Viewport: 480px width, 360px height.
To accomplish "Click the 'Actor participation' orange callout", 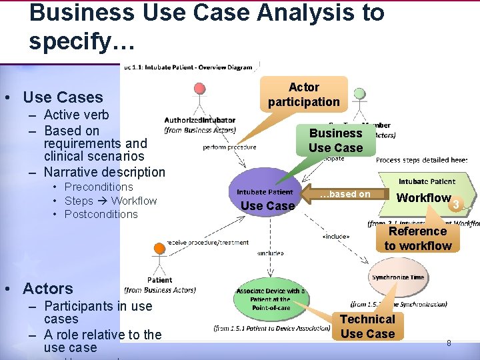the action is pyautogui.click(x=303, y=95).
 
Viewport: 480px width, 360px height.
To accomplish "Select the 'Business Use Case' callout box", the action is pyautogui.click(x=335, y=140).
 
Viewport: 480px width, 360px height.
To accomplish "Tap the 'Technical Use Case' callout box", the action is pyautogui.click(x=367, y=326).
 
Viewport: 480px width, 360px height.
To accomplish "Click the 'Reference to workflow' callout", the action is pyautogui.click(x=418, y=238).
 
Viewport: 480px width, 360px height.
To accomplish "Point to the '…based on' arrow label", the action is pyautogui.click(x=345, y=194).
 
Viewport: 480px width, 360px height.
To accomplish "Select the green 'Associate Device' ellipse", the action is pyautogui.click(x=269, y=296).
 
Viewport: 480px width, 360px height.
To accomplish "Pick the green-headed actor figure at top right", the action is pyautogui.click(x=359, y=99).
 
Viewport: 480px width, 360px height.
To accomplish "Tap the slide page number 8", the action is pyautogui.click(x=449, y=343).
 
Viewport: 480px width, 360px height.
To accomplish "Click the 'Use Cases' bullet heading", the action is pyautogui.click(x=63, y=97).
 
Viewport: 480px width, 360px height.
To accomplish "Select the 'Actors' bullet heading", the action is pyautogui.click(x=47, y=289).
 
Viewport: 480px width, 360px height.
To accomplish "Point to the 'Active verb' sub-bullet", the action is pyautogui.click(x=76, y=115).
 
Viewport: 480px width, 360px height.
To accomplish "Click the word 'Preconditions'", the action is pyautogui.click(x=99, y=187).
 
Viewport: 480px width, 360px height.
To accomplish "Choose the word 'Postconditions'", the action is pyautogui.click(x=101, y=214).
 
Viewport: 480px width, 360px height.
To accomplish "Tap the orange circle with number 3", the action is pyautogui.click(x=456, y=204).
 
